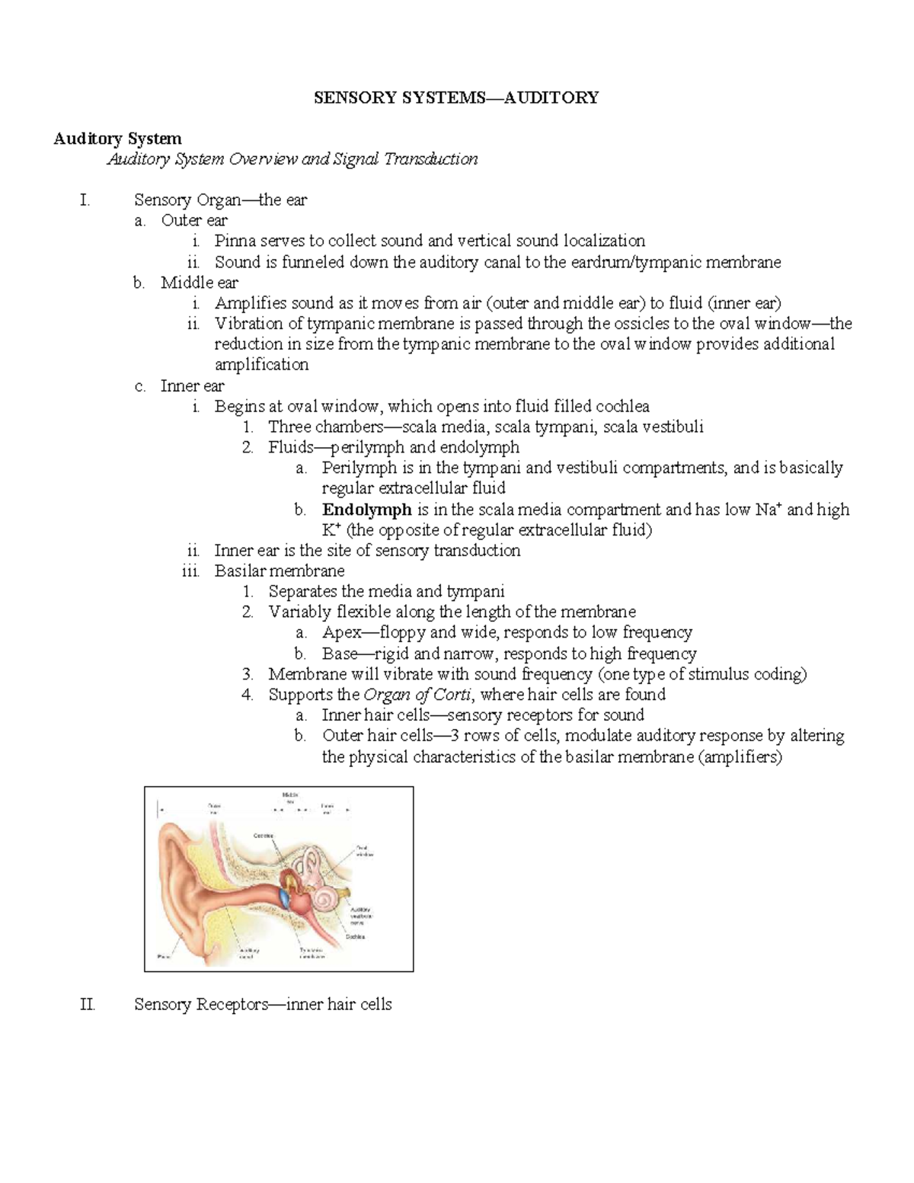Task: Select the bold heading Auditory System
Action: [x=117, y=139]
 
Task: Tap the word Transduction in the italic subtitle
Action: [x=430, y=159]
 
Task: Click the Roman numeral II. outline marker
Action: [x=88, y=1005]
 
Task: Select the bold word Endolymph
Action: [x=366, y=510]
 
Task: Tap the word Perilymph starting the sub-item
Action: [x=356, y=468]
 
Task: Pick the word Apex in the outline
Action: [x=341, y=632]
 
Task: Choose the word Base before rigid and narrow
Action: [x=340, y=654]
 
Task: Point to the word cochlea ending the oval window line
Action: [x=622, y=407]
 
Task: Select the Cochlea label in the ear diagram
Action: [x=355, y=936]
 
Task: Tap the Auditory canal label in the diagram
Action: [x=248, y=953]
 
